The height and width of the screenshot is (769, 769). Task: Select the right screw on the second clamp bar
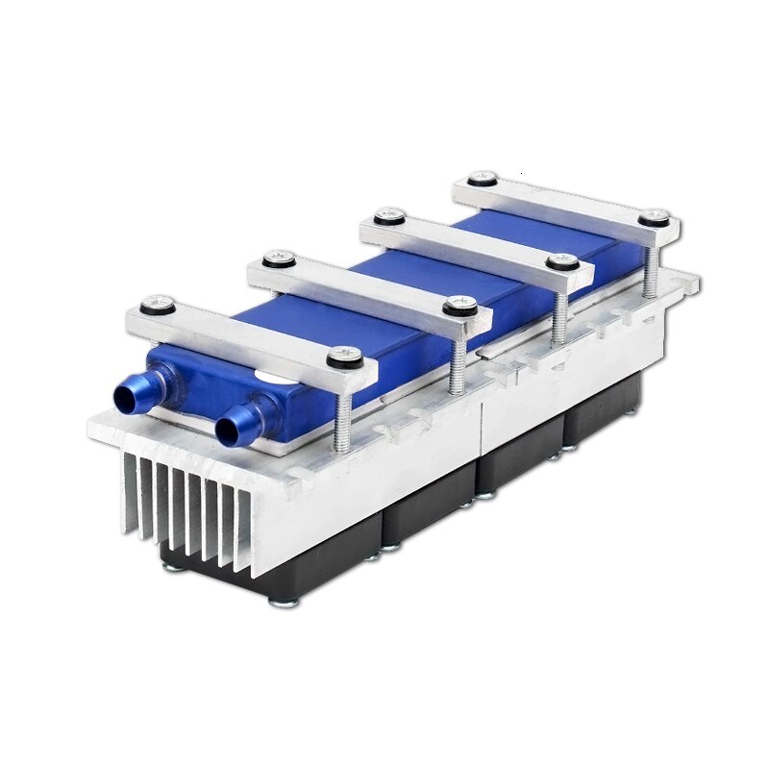[x=459, y=306]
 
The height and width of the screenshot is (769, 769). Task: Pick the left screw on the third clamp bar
[x=387, y=216]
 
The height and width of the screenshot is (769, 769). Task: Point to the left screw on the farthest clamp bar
[x=483, y=179]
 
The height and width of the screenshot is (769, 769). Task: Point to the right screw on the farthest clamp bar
[x=657, y=215]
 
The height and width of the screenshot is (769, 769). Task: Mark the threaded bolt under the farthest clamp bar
[x=648, y=269]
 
